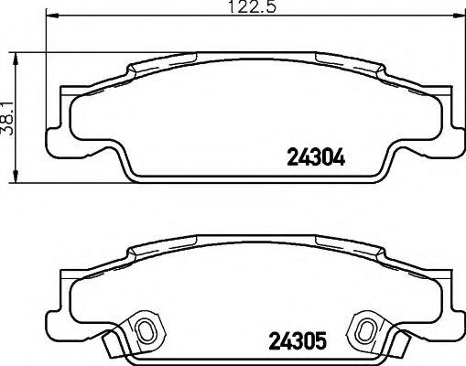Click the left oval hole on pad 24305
pyautogui.click(x=144, y=330)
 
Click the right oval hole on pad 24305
pyautogui.click(x=363, y=330)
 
